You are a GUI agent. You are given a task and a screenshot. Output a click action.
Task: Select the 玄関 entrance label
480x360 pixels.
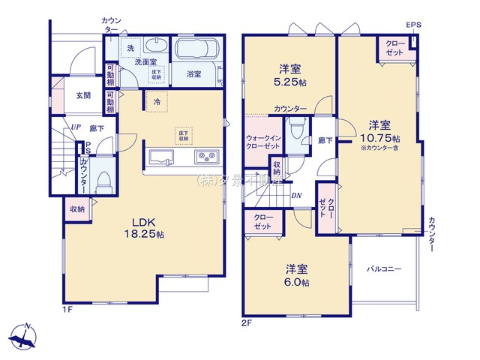coord(82,95)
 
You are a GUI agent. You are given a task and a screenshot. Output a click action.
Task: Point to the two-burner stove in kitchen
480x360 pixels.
coord(205,157)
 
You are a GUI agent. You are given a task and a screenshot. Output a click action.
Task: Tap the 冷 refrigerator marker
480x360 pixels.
coord(157,101)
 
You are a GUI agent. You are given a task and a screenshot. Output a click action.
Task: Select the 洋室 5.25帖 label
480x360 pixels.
coord(289,73)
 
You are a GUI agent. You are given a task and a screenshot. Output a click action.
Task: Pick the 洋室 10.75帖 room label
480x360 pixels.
coord(379,132)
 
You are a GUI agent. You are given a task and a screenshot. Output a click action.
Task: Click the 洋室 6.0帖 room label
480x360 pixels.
coord(297,274)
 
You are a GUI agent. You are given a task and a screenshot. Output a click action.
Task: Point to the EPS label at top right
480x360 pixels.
coord(414,25)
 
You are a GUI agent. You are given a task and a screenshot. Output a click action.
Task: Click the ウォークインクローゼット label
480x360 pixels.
coord(262,142)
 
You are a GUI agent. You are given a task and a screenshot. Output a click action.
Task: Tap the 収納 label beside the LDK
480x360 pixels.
coord(77,209)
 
